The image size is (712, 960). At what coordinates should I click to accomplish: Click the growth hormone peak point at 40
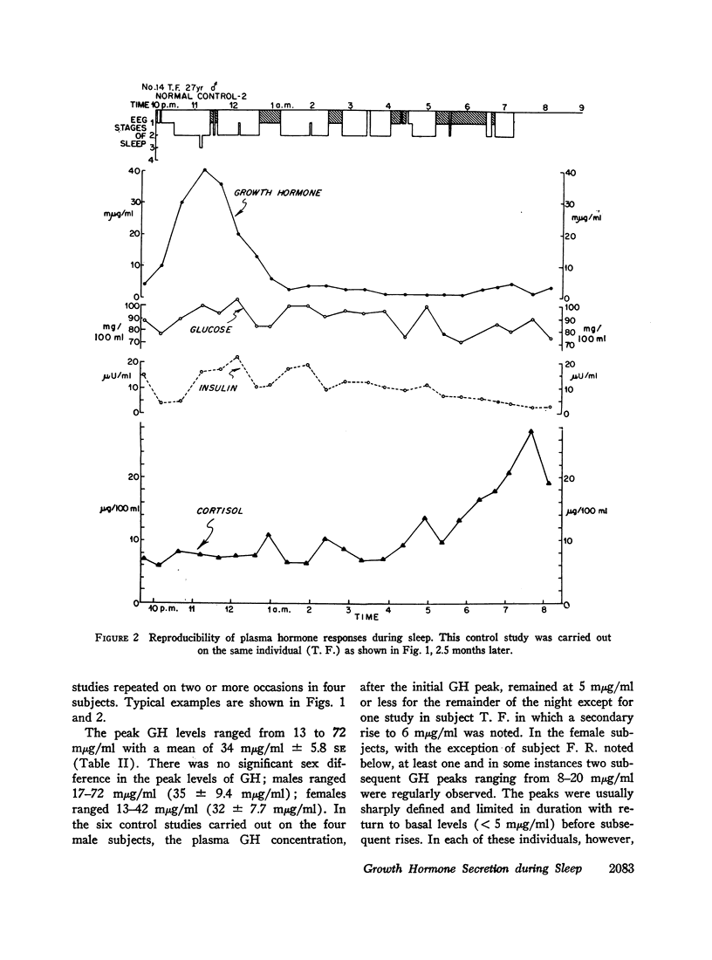pyautogui.click(x=204, y=170)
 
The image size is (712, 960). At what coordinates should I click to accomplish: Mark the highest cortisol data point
pyautogui.click(x=531, y=431)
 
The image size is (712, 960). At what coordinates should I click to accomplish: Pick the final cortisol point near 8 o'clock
pyautogui.click(x=548, y=482)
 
